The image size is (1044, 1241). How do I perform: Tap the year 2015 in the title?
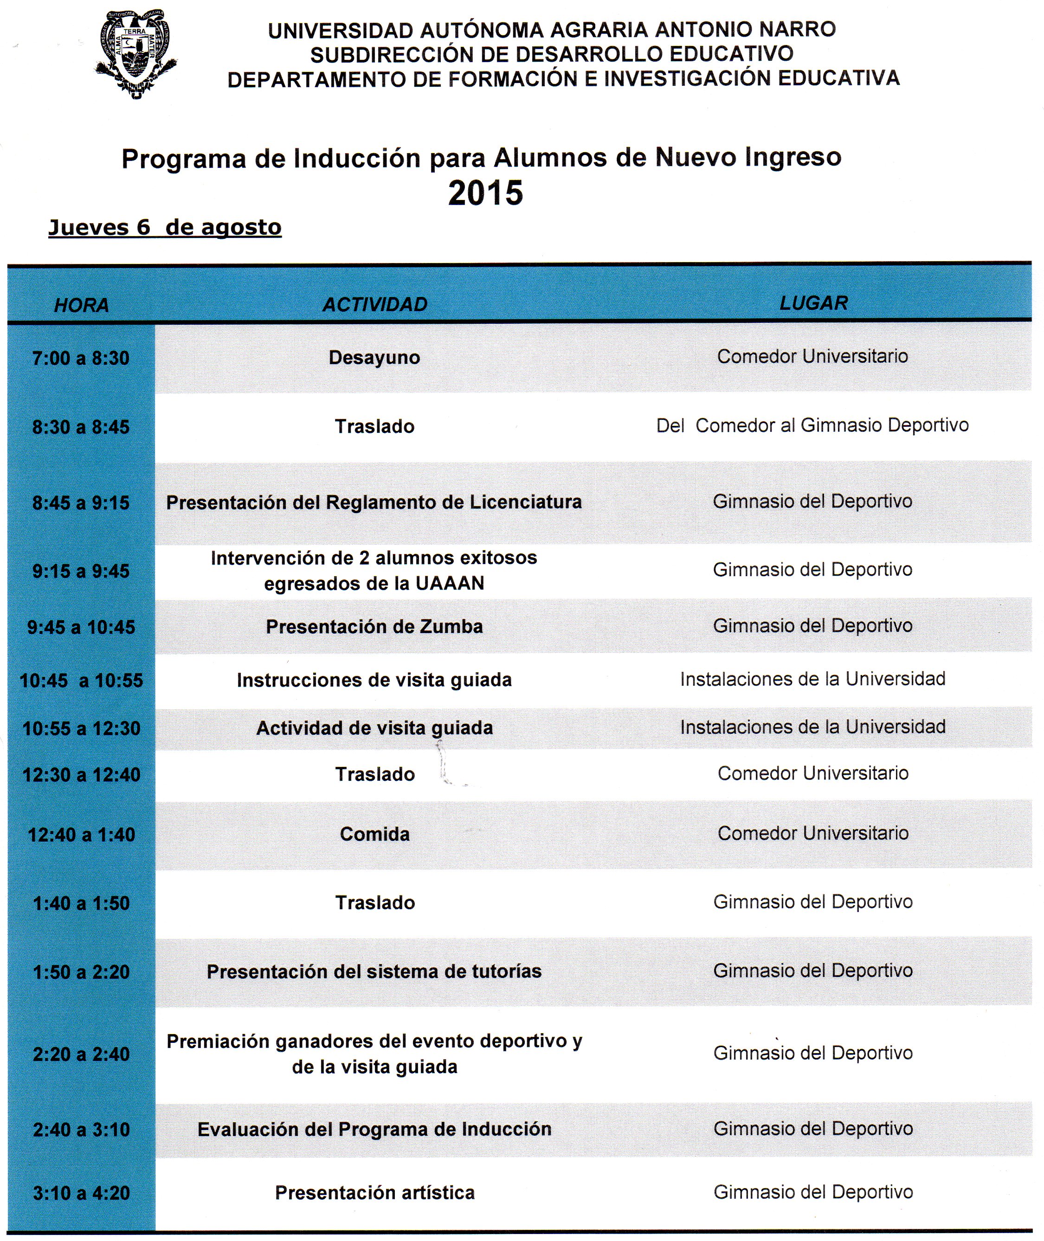[x=485, y=193]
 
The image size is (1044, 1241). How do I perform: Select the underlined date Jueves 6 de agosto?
[x=165, y=228]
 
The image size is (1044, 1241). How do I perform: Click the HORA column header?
[x=82, y=305]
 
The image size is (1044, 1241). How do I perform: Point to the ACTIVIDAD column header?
[x=374, y=304]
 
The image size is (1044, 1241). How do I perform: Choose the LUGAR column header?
[x=813, y=303]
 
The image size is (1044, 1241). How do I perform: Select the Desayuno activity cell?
[x=374, y=357]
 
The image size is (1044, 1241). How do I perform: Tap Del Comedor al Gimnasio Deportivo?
[x=812, y=425]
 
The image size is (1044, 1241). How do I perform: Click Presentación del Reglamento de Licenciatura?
[x=374, y=502]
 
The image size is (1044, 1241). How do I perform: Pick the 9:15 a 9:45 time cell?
[x=81, y=571]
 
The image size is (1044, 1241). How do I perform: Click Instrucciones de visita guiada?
[x=374, y=680]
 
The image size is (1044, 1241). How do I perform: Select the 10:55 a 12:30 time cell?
[x=82, y=728]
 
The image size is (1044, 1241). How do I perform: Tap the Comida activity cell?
[x=374, y=835]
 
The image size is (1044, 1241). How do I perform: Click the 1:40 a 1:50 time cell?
[x=82, y=903]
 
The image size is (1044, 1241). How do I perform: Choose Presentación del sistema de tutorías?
[x=374, y=972]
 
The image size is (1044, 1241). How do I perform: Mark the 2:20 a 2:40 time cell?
[x=82, y=1054]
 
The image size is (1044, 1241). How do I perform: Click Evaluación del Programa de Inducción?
[x=374, y=1129]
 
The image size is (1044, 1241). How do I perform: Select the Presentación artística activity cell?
[x=374, y=1192]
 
